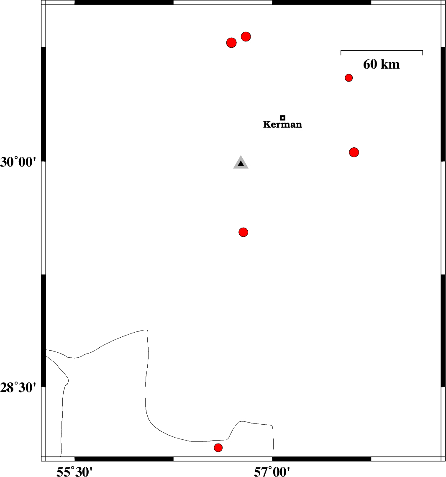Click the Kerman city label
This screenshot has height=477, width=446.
pyautogui.click(x=283, y=124)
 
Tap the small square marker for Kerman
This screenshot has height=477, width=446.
pyautogui.click(x=283, y=118)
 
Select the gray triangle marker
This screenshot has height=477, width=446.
pyautogui.click(x=241, y=163)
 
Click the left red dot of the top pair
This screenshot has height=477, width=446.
pyautogui.click(x=231, y=43)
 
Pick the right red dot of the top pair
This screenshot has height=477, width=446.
pyautogui.click(x=246, y=37)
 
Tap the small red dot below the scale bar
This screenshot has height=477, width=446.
pyautogui.click(x=349, y=78)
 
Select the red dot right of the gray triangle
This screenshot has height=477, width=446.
pyautogui.click(x=354, y=152)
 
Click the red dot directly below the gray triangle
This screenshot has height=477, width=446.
pyautogui.click(x=244, y=232)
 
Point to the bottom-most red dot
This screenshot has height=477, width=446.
pyautogui.click(x=218, y=448)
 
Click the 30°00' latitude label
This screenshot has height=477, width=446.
pyautogui.click(x=18, y=162)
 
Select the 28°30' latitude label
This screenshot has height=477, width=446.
pyautogui.click(x=18, y=388)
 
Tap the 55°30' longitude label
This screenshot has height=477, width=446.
pyautogui.click(x=74, y=472)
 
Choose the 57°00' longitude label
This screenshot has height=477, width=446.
pyautogui.click(x=272, y=472)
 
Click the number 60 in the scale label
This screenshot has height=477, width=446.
pyautogui.click(x=370, y=64)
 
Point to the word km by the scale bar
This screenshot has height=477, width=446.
pyautogui.click(x=390, y=64)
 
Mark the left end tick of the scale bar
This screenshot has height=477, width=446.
pyautogui.click(x=341, y=53)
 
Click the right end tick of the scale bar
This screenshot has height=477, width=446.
pyautogui.click(x=423, y=53)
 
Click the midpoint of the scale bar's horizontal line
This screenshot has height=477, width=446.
pyautogui.click(x=382, y=50)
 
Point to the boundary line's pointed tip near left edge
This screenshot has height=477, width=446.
pyautogui.click(x=69, y=380)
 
